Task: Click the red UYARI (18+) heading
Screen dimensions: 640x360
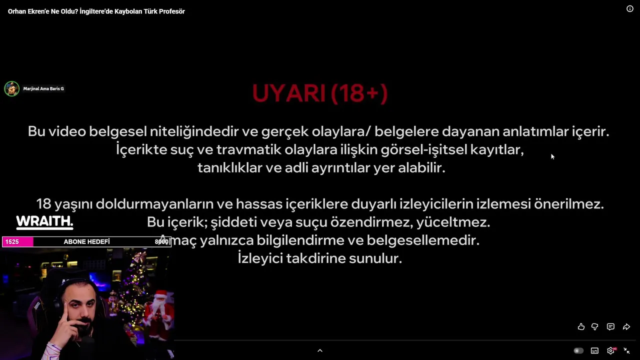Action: (x=319, y=93)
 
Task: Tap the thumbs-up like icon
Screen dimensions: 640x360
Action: (x=581, y=326)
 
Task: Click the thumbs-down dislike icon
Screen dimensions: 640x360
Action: (x=595, y=326)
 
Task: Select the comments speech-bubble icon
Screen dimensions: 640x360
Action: (x=610, y=326)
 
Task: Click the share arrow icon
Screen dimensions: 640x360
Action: (x=626, y=326)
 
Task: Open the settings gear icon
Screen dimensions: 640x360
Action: (x=610, y=350)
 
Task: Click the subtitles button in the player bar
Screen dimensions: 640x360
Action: (x=594, y=350)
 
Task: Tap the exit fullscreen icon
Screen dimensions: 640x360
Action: (x=626, y=350)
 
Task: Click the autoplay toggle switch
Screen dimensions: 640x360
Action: (x=578, y=350)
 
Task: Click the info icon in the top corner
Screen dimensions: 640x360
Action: (x=629, y=9)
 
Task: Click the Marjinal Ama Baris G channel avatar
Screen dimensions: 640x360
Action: (x=11, y=88)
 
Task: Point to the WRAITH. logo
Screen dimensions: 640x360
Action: (x=44, y=222)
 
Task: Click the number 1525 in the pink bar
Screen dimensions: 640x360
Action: (x=12, y=241)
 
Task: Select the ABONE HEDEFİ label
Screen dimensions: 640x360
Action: (x=86, y=241)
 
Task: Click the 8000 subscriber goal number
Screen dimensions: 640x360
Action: (x=161, y=241)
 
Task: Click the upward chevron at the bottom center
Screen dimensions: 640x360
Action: (x=320, y=350)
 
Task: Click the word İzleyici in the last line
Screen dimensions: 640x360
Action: (x=260, y=257)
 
